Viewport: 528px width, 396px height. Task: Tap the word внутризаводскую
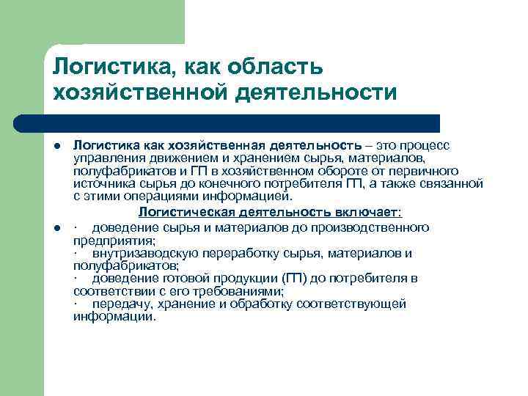pos(143,254)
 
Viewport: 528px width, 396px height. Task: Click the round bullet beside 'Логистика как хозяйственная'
pos(57,147)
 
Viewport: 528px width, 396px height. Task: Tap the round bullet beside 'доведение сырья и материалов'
pos(57,229)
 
